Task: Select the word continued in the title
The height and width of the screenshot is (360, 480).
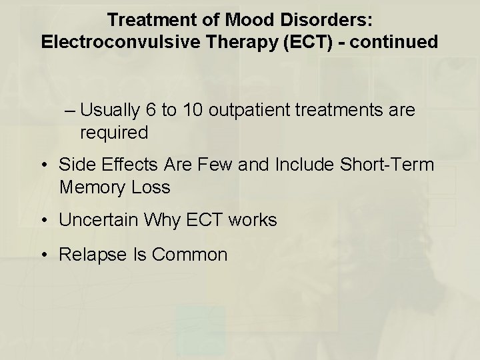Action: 395,42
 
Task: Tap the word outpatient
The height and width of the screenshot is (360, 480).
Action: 253,111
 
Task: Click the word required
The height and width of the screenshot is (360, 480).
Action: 113,133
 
